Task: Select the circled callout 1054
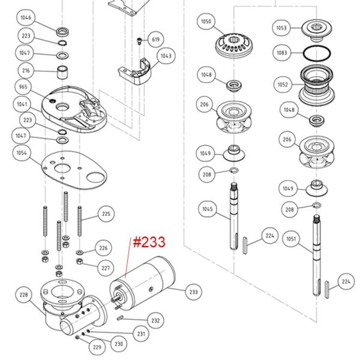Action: click(x=22, y=154)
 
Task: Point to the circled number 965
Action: click(x=23, y=87)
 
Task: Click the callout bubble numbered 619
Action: click(x=155, y=40)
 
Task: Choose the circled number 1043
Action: click(x=166, y=56)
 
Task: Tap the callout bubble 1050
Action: click(x=206, y=22)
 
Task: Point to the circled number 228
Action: click(x=23, y=295)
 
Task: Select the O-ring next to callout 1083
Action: click(x=316, y=52)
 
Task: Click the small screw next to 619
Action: click(x=139, y=41)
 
